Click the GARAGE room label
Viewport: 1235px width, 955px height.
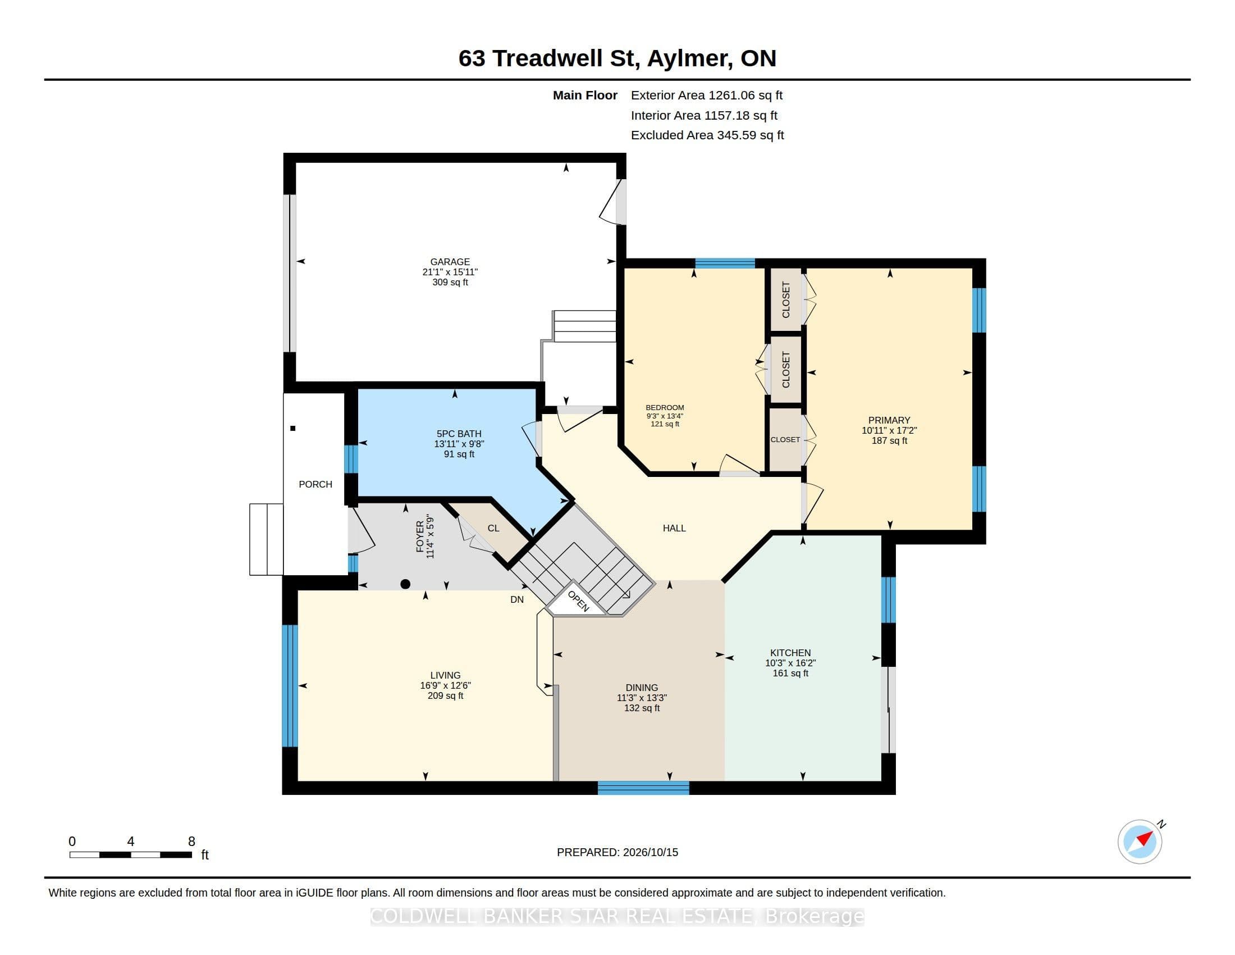point(450,262)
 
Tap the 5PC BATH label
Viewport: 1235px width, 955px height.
point(459,434)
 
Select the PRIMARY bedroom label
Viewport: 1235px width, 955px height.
point(890,420)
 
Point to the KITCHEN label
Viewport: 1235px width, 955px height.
point(790,653)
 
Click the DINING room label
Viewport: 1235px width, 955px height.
point(642,688)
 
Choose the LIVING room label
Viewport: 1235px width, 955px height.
point(446,675)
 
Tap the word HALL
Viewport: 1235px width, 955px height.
point(674,529)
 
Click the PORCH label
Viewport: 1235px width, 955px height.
point(315,484)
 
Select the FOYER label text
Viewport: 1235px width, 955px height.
point(420,537)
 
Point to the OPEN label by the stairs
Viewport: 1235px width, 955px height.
point(578,601)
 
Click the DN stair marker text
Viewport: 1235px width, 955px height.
point(517,600)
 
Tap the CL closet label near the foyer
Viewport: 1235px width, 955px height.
point(493,529)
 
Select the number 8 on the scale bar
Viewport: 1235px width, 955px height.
point(191,842)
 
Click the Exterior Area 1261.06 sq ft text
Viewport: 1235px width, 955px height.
point(707,95)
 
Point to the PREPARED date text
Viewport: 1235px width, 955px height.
point(617,852)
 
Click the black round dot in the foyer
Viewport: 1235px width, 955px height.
point(405,584)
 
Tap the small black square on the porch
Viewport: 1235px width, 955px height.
point(293,428)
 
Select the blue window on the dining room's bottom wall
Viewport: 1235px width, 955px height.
point(643,788)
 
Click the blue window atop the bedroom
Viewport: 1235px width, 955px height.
point(725,263)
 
